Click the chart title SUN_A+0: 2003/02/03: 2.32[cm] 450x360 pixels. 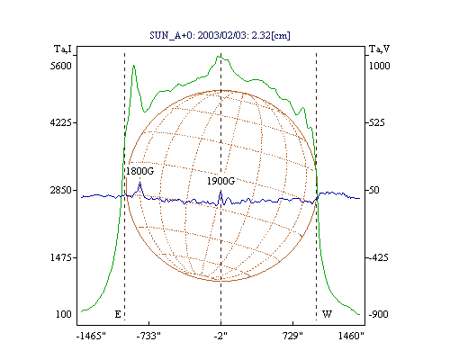[220, 35]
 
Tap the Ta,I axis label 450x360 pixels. [63, 49]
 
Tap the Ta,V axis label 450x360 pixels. [379, 49]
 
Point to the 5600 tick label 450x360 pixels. [61, 66]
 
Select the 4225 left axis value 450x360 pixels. [61, 122]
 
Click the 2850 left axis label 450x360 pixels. [61, 190]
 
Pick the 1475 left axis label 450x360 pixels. [61, 257]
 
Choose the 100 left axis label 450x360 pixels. [64, 314]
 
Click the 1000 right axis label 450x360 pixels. [379, 66]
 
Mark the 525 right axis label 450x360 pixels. [376, 122]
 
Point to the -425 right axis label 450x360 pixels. [378, 257]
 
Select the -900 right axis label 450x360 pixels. [378, 314]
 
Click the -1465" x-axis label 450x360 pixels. [91, 336]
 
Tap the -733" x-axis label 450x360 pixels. [148, 336]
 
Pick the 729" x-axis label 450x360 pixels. [292, 336]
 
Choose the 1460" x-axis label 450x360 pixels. [351, 336]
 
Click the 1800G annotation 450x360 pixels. [139, 171]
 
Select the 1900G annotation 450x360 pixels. [220, 181]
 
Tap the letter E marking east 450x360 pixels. [118, 314]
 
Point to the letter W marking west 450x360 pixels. [327, 314]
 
